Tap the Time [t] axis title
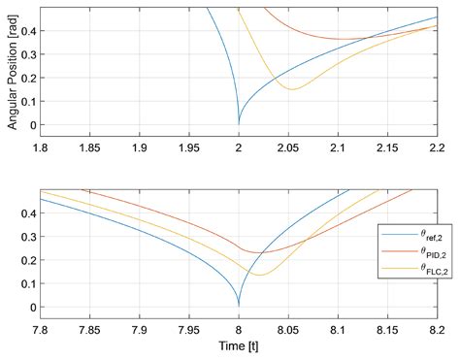click(239, 346)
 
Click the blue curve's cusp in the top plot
click(239, 123)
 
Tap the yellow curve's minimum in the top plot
click(291, 89)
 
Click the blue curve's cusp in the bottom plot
click(239, 305)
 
